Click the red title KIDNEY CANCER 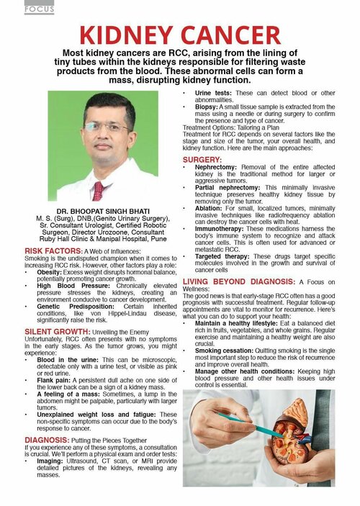click(x=180, y=35)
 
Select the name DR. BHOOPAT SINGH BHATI click(x=96, y=211)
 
